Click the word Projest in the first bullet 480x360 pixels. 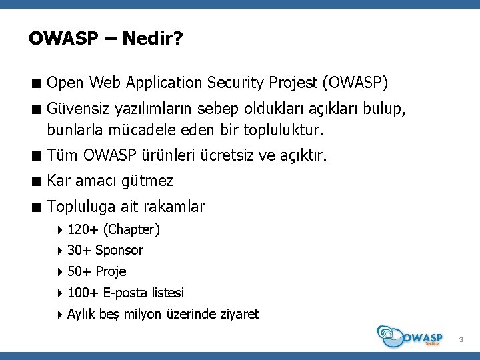tap(293, 83)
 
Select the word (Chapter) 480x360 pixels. tap(131, 230)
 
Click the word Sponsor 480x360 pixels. tap(119, 251)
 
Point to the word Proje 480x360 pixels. tap(111, 271)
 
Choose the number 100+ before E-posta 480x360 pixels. tap(83, 293)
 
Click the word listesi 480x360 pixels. tap(168, 293)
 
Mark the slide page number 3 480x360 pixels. tap(460, 341)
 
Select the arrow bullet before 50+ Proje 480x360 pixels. tap(60, 271)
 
